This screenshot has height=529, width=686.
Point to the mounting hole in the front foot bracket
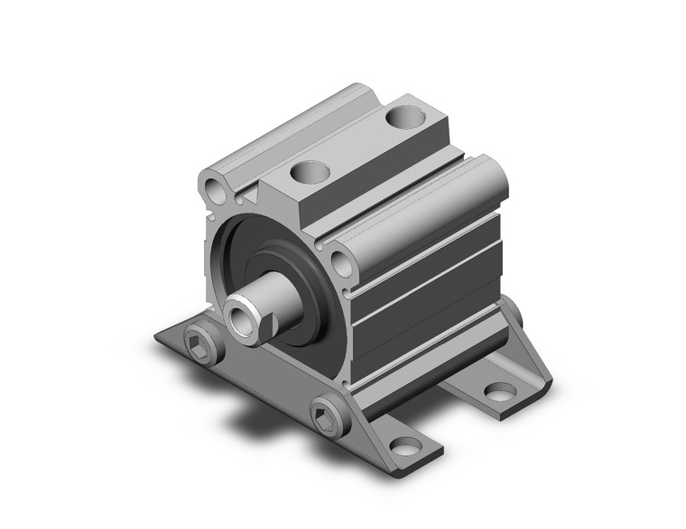(405, 446)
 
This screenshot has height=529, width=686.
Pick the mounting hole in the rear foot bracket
(499, 390)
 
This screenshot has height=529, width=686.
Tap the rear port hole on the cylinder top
(402, 115)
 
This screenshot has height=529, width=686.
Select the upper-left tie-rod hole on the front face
(215, 190)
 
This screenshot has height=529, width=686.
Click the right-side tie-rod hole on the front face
(341, 262)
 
